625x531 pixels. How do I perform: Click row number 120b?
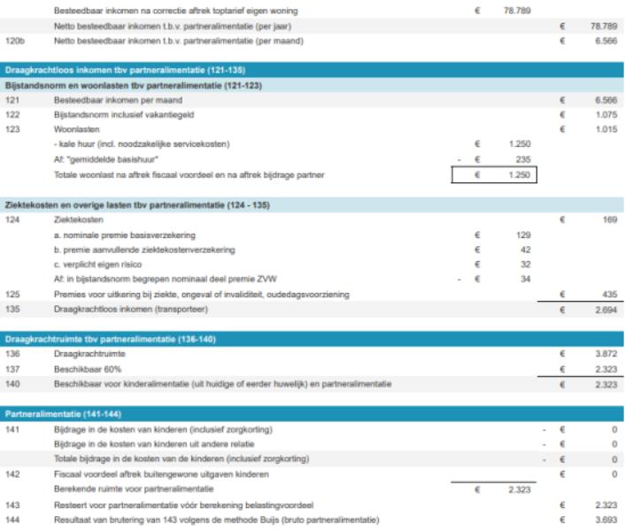[x=14, y=41]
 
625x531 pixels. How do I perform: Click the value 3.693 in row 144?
[x=606, y=519]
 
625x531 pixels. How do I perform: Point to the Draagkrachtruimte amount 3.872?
[x=606, y=352]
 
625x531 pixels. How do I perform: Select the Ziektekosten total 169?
[x=609, y=219]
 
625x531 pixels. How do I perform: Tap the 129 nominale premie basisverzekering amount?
[x=522, y=234]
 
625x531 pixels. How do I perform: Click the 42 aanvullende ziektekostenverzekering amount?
[x=524, y=249]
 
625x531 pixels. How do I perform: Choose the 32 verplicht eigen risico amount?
[x=524, y=263]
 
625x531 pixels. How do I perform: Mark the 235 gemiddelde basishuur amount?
[x=522, y=159]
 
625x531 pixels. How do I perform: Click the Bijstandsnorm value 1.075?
[x=606, y=115]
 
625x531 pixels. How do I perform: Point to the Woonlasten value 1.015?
[x=606, y=129]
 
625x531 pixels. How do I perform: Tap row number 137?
[x=12, y=367]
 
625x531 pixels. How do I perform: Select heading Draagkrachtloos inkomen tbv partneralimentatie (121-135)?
[x=124, y=69]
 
